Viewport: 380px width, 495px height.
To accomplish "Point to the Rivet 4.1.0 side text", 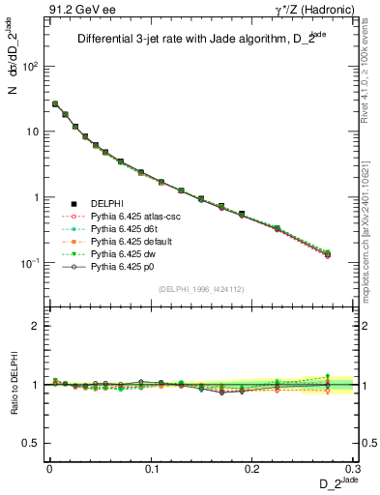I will (371, 68).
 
